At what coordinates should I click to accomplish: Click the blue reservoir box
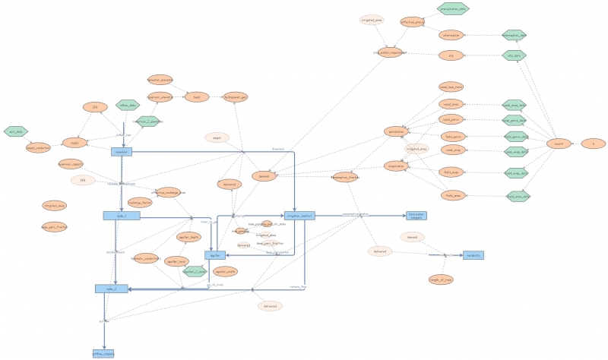122,152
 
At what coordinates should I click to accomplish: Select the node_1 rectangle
122,216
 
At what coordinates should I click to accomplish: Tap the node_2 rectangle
111,289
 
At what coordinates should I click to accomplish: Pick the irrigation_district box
299,216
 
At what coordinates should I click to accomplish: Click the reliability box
473,255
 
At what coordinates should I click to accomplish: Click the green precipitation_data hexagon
454,8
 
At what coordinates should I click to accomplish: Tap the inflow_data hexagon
127,106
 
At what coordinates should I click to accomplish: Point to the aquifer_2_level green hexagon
196,270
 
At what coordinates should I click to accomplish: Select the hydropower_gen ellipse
235,97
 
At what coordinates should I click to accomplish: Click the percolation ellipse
396,131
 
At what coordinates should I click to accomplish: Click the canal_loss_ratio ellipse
451,87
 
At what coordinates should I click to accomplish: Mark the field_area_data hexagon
518,196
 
